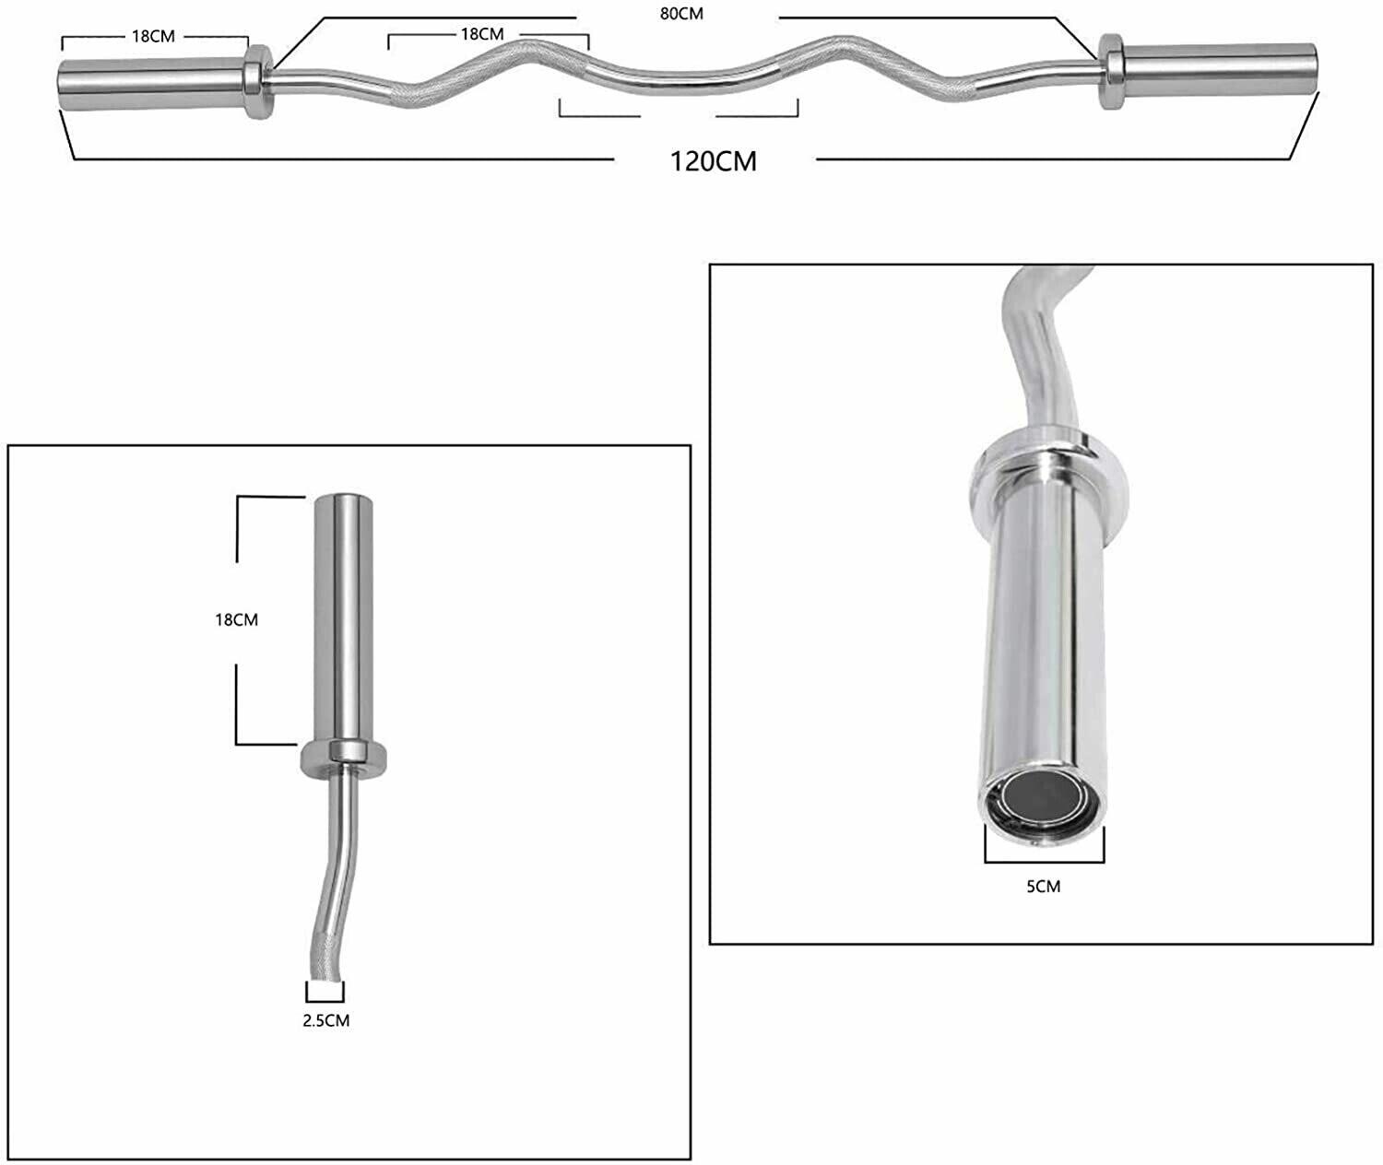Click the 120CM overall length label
coord(714,161)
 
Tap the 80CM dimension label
coord(681,14)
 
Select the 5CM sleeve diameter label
coord(1043,886)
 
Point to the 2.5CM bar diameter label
coord(325,1020)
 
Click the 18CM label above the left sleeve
coord(153,37)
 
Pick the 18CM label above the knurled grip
coord(482,34)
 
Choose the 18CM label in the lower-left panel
coord(236,620)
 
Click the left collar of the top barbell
coord(257,81)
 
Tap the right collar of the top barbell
coord(1110,71)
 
